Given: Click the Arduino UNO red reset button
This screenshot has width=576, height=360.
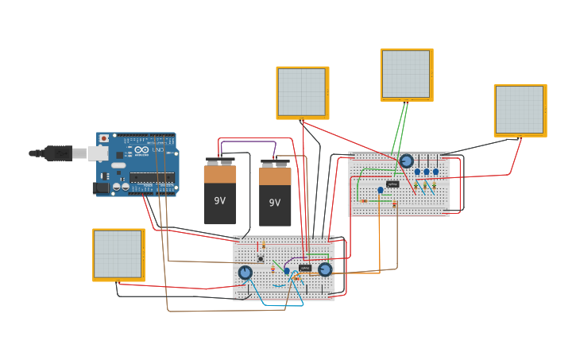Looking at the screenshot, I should pos(103,138).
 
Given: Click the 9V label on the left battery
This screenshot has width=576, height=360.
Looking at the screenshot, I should pos(219,201).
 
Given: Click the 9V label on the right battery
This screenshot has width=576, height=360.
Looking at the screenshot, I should pos(274,203).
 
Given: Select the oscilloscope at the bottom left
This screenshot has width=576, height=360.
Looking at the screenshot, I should pos(118,254).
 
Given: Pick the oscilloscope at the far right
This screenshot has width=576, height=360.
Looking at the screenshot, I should pos(520,110).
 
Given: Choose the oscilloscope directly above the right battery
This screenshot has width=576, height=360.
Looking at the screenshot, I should pos(302,92).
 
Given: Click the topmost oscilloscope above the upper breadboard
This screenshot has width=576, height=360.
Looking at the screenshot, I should pos(406,75).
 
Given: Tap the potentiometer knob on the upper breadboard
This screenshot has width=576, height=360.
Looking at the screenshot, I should pos(407,161).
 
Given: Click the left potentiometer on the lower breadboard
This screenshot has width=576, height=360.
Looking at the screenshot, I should pos(245,273).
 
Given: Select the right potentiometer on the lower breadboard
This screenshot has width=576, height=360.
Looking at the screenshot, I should pos(325,269).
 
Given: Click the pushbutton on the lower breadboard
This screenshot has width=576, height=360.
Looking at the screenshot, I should pos(260,259).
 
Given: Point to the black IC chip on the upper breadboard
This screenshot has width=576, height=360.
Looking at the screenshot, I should pos(392,184).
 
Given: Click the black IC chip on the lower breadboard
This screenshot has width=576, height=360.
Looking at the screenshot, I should pos(305,268).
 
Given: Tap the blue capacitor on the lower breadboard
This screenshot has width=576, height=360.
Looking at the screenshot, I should pos(287,271).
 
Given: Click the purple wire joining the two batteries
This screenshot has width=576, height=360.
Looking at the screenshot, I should pos(248,143).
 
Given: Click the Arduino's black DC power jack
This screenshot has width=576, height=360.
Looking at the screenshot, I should pos(101,188).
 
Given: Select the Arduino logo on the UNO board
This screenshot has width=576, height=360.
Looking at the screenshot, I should pos(141,149).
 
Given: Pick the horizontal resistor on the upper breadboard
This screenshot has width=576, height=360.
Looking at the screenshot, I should pos(364,201).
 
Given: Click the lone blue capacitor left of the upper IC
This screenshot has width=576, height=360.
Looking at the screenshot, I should pos(381,190).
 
